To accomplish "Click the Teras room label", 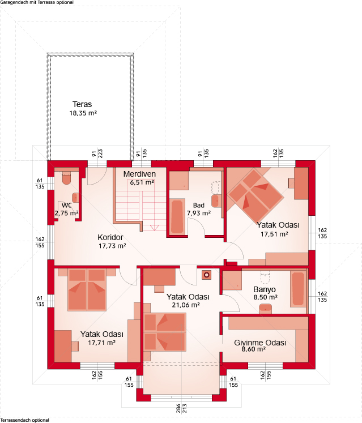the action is (x=82, y=104).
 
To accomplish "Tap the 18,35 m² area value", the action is (x=83, y=113).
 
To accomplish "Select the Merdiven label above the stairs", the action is (x=139, y=174).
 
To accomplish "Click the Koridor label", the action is (x=110, y=237).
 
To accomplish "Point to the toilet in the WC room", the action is (x=66, y=178).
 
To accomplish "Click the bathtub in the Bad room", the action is (x=177, y=216).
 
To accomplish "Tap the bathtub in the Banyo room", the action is (x=299, y=289).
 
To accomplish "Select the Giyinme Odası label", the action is (x=260, y=343).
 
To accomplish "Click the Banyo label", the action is (x=265, y=289).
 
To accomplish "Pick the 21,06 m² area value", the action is (x=186, y=305).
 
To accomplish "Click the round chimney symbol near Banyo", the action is (x=207, y=275).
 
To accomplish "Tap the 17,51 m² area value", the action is (x=274, y=234).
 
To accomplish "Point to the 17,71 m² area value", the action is (x=102, y=343).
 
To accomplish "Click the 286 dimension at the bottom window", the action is (x=178, y=408).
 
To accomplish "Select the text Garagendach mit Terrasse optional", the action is (x=37, y=2).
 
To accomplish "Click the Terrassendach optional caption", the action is (x=25, y=420).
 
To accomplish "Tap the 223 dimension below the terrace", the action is (x=100, y=153).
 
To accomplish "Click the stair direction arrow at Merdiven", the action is (x=154, y=228).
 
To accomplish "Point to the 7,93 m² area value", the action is (x=199, y=213).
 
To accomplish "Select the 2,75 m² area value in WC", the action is (x=66, y=213).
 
